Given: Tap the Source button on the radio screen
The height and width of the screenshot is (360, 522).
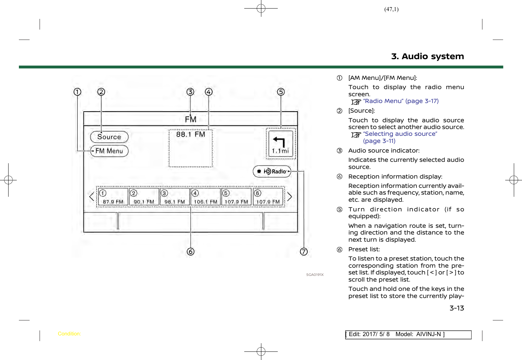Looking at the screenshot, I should tap(109, 137).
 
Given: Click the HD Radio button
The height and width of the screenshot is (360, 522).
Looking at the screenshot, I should tap(272, 171).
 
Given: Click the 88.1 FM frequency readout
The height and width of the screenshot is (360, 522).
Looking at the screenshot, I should tap(190, 134).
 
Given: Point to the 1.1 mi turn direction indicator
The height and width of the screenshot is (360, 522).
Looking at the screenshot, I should tap(281, 143).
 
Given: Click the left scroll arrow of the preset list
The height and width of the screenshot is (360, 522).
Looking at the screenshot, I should tap(92, 197).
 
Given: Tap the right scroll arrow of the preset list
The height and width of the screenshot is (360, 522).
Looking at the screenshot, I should tap(290, 197).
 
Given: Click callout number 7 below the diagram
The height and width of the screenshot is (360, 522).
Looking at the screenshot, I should tap(303, 252).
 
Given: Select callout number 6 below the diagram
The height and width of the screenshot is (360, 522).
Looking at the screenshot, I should tap(190, 252).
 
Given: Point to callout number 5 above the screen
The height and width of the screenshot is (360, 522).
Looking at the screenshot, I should tap(281, 92).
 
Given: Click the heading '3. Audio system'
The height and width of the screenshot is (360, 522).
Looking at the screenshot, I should tap(428, 56).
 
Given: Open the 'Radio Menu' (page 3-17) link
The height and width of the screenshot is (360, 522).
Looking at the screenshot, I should tap(400, 101).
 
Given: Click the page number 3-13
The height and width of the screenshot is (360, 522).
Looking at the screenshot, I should tap(457, 308).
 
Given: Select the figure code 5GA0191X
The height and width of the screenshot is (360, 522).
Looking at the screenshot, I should tap(315, 275).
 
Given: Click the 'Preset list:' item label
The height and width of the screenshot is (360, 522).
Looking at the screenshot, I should tap(364, 250).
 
